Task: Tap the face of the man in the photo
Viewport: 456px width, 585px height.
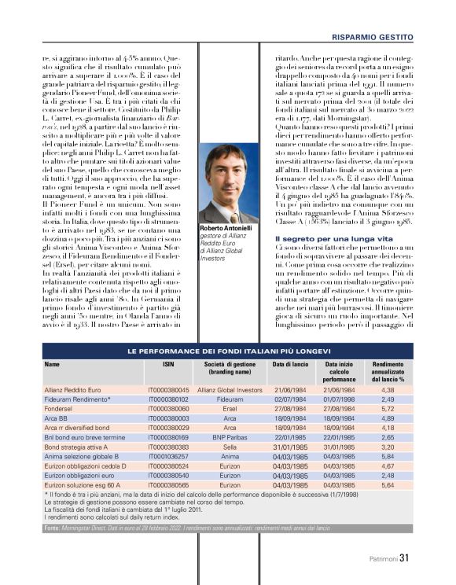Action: coord(228,174)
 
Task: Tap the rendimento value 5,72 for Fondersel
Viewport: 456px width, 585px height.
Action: coord(387,410)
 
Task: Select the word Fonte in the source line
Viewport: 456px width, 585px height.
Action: coord(53,528)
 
